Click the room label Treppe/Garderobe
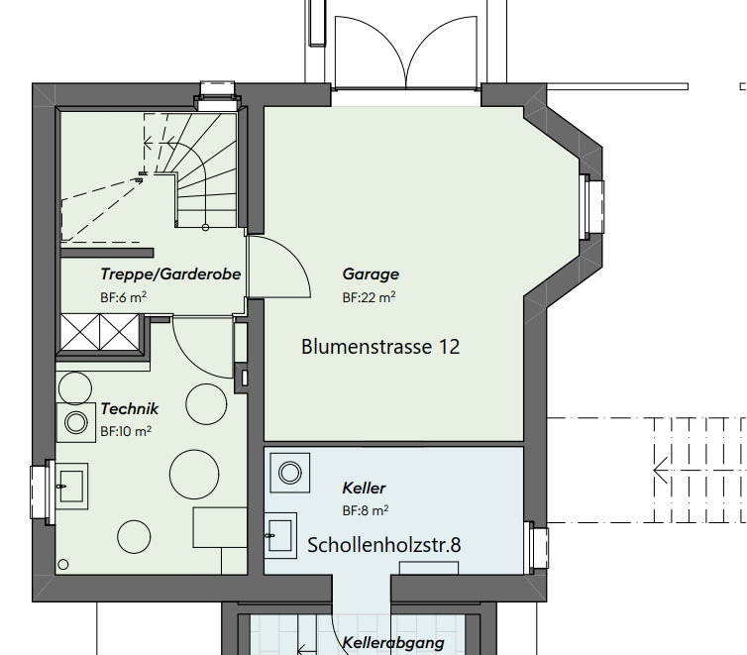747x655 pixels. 170,274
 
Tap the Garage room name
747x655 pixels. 371,274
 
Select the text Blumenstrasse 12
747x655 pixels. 380,347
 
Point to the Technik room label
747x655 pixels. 129,409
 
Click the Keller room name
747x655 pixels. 364,489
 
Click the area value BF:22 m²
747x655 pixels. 370,296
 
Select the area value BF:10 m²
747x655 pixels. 125,432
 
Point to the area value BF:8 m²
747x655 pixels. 365,511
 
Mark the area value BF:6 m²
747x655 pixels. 124,296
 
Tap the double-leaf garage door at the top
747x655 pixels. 406,55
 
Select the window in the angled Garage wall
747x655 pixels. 593,205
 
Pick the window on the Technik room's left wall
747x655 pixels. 42,485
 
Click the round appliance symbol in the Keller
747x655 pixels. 291,472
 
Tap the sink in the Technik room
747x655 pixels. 72,485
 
